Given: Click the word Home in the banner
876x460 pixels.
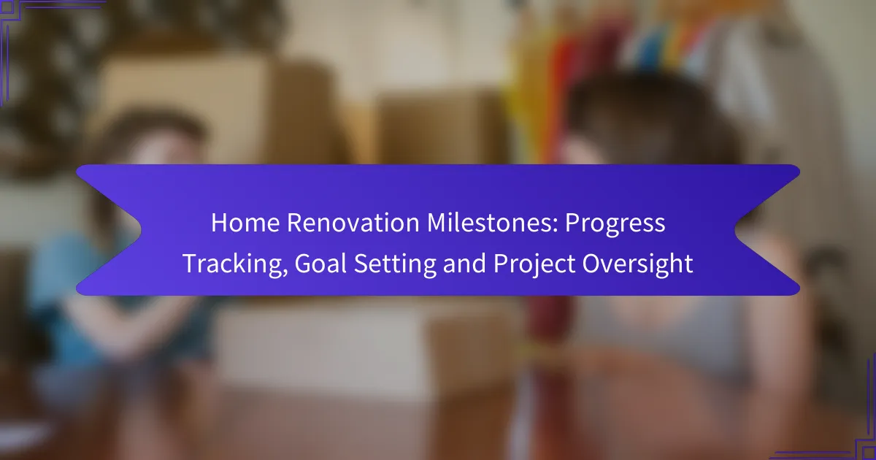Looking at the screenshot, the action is click(245, 223).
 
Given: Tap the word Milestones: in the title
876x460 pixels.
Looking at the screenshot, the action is click(492, 223).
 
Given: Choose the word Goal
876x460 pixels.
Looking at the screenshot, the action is click(320, 264).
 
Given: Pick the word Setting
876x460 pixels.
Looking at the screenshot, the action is click(395, 264).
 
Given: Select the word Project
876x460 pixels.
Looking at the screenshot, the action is click(534, 264).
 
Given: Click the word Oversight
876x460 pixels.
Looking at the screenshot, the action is click(637, 264).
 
